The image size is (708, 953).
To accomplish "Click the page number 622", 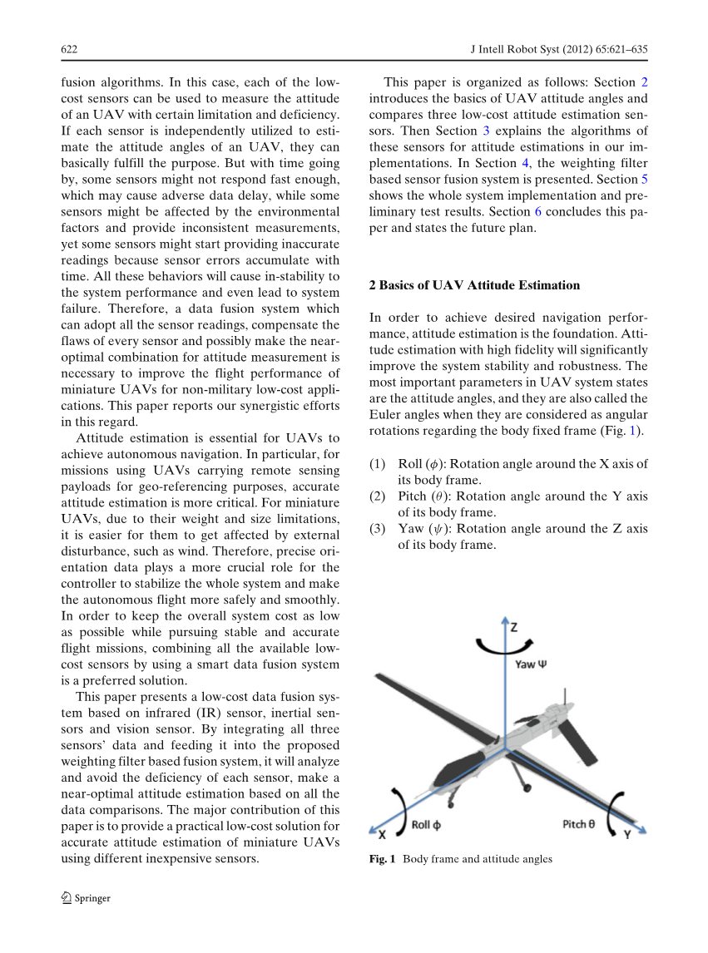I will click(x=70, y=50).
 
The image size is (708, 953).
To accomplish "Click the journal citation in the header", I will click(x=559, y=50).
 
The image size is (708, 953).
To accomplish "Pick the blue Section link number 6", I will click(x=537, y=212).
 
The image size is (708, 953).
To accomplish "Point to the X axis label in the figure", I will click(x=381, y=832).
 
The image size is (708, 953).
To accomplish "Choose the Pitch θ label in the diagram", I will click(x=578, y=823).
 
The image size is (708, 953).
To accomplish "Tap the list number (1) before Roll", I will click(x=378, y=464).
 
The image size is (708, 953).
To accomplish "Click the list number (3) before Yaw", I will click(x=378, y=529).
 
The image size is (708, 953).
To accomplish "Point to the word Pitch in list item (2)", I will click(x=414, y=496).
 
